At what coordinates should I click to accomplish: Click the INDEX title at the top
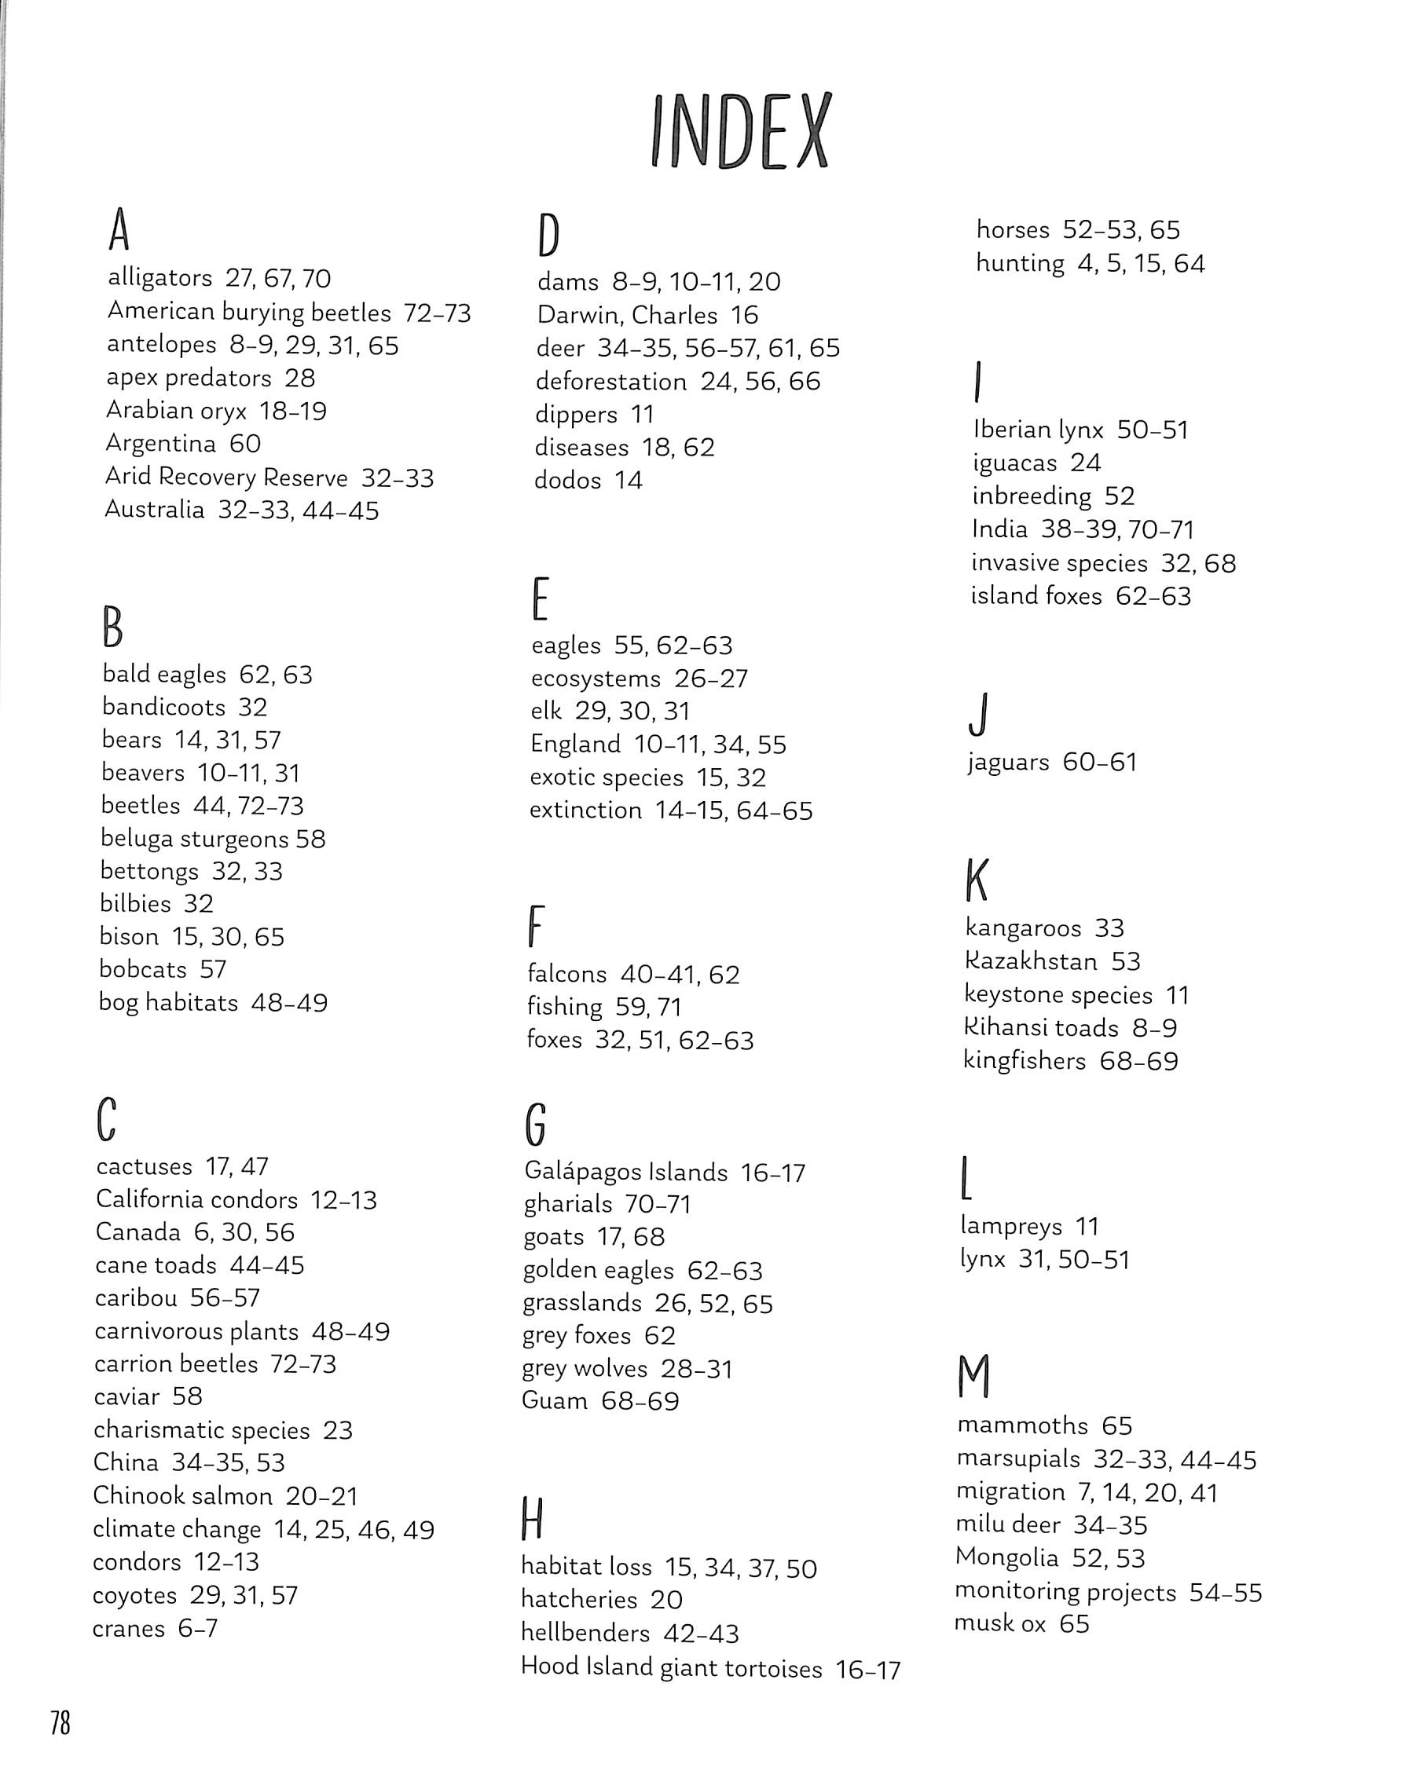[740, 131]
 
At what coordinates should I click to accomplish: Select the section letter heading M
[974, 1376]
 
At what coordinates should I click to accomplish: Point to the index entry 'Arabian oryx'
[176, 411]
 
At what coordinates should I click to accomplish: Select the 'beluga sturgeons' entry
[195, 839]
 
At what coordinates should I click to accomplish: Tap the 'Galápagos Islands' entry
[625, 1173]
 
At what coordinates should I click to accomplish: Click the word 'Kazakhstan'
[1031, 961]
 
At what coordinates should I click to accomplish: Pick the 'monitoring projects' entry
[1065, 1592]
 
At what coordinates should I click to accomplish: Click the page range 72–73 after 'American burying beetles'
[437, 313]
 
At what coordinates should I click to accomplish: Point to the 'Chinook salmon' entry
[182, 1496]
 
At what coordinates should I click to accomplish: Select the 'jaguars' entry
[1008, 763]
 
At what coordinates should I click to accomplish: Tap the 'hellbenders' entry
[585, 1633]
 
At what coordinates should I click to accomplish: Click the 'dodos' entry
[567, 480]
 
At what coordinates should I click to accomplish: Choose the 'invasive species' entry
[1059, 564]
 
